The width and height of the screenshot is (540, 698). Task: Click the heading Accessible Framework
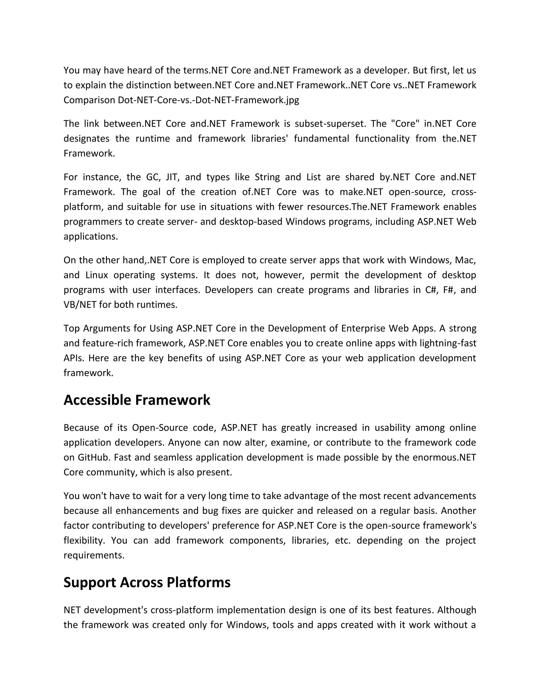point(137,400)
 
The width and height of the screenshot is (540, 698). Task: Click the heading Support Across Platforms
point(147,582)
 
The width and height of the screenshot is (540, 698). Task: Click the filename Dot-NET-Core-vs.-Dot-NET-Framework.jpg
point(208,100)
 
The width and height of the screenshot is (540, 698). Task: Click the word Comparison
point(89,100)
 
